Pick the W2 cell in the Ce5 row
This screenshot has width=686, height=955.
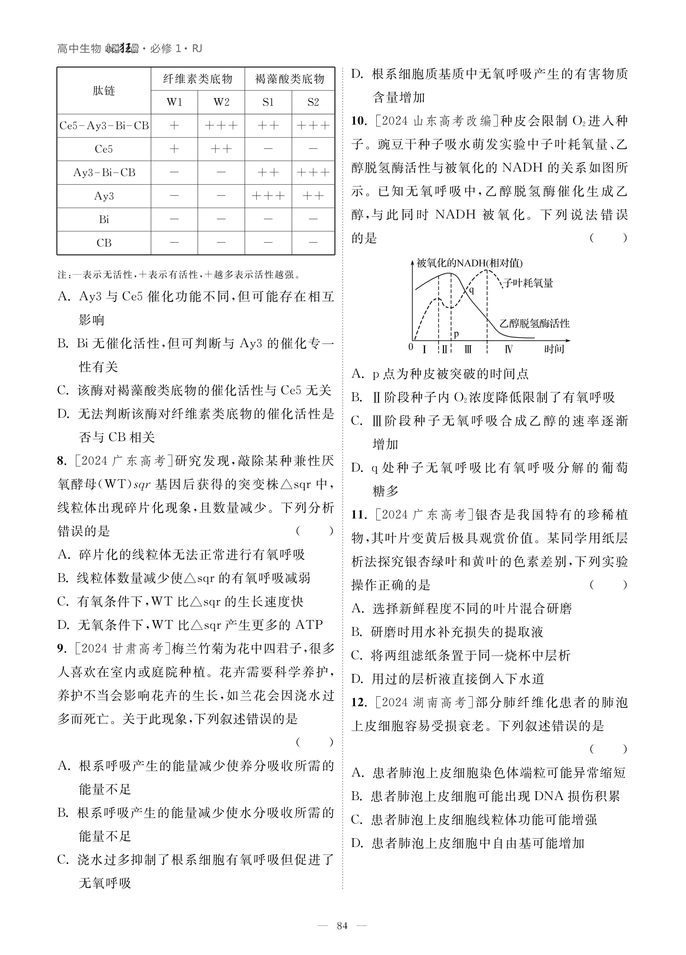pos(221,149)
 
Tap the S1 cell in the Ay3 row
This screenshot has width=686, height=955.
pos(268,196)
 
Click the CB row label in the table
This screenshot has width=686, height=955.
pos(104,243)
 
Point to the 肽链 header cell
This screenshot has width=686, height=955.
pos(104,91)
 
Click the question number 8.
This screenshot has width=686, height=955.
pos(62,461)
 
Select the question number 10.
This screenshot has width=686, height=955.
pos(359,121)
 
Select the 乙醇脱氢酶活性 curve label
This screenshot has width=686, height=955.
pos(534,323)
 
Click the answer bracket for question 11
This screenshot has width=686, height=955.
pos(609,585)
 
